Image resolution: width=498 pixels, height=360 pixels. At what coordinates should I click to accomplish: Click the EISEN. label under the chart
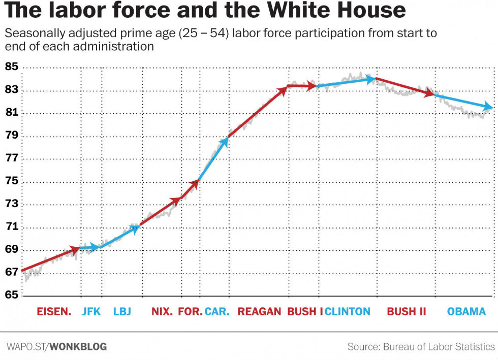(x=54, y=311)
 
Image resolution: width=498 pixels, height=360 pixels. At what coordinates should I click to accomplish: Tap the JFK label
(x=91, y=311)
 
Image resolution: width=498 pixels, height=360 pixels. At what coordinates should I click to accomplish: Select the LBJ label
(x=122, y=311)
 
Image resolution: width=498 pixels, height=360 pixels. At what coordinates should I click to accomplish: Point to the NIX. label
(x=162, y=311)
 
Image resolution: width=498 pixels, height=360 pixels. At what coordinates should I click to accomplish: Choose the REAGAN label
(x=259, y=311)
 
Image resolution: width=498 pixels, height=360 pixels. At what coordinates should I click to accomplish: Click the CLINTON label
(x=348, y=311)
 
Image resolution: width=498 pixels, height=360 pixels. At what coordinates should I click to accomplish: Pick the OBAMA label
(x=466, y=311)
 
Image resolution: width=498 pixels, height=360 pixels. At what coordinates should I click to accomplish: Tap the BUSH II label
(x=407, y=311)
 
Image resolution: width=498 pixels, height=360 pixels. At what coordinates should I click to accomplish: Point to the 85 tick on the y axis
(x=11, y=67)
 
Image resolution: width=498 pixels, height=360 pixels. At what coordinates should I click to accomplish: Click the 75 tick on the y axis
(x=11, y=182)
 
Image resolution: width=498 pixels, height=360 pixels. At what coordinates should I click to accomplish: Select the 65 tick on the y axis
(x=11, y=295)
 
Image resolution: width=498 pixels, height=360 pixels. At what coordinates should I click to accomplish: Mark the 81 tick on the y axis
(x=11, y=113)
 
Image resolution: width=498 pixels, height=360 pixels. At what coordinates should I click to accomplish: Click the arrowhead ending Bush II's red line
(x=430, y=93)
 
